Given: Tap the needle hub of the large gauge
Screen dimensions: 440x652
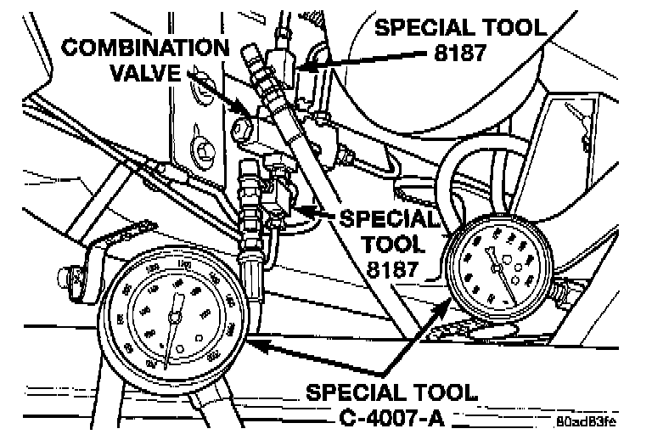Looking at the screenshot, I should click(174, 318).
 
